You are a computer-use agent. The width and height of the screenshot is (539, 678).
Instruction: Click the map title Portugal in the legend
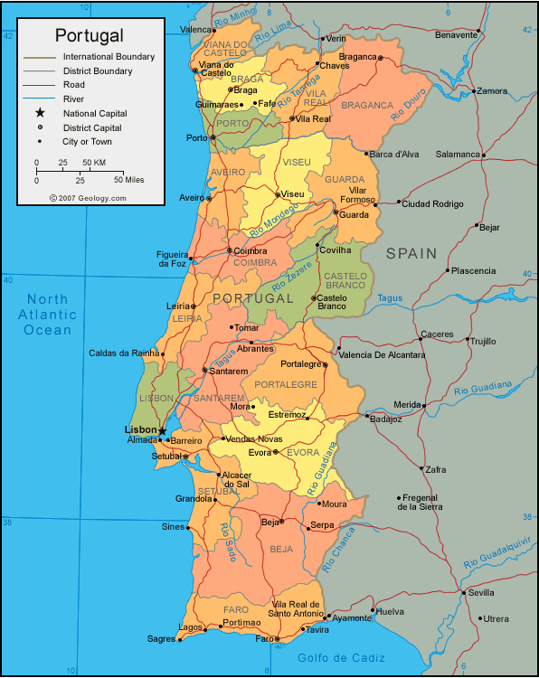coord(90,35)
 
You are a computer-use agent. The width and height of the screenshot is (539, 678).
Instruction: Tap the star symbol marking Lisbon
coord(163,430)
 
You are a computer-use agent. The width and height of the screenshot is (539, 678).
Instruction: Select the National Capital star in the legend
coord(40,113)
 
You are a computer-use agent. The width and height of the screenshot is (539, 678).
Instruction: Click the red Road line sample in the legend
coord(40,84)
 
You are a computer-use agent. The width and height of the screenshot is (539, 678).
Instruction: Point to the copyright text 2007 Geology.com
coord(88,197)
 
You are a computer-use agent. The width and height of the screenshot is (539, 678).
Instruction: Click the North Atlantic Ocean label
coord(48,315)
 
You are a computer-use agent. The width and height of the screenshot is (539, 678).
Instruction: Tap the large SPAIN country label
coord(411,254)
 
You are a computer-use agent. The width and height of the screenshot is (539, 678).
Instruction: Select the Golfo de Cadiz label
coord(341,657)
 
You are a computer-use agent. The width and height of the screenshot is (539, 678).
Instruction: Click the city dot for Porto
coord(213,137)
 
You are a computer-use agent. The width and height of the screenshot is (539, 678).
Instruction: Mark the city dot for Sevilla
coord(462,593)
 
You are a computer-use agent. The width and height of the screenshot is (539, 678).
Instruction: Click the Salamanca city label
coord(457,155)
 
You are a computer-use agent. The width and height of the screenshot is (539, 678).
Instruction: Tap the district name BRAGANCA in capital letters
coord(367,106)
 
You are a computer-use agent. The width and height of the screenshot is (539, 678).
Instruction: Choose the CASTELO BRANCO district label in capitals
coord(345,280)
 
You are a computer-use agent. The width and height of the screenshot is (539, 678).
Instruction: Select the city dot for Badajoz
coord(367,417)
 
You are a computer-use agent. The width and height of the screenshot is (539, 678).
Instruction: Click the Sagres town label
coord(161,639)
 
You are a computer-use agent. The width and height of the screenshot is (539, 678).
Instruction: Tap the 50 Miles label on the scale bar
coord(129,180)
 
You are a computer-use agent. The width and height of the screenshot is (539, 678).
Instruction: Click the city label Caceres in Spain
coord(437,334)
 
